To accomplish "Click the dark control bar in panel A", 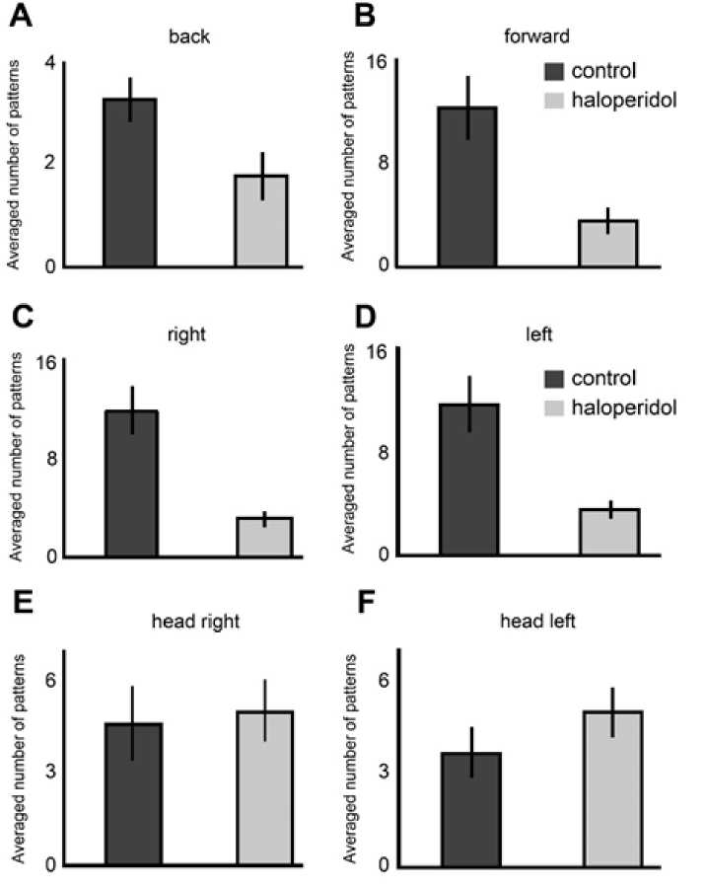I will click(129, 183).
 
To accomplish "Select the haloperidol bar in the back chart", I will click(261, 221).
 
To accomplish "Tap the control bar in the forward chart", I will click(468, 186).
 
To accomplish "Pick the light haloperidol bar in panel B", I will click(607, 243).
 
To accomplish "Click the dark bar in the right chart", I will click(131, 482).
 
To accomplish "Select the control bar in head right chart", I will click(133, 793).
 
